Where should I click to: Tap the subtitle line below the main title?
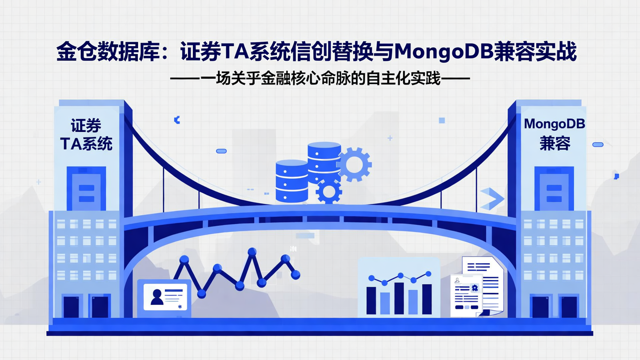[320, 79]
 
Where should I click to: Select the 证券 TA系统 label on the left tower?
[86, 135]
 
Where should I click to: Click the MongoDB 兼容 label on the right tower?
[554, 134]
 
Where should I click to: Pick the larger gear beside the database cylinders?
[354, 164]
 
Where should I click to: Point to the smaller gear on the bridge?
[329, 191]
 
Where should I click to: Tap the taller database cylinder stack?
[324, 162]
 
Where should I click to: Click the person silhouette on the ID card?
[157, 297]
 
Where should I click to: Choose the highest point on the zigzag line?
[252, 252]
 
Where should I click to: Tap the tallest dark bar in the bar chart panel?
[399, 298]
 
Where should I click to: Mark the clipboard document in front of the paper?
[466, 295]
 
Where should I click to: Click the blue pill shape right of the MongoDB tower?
[598, 144]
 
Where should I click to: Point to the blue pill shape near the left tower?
[221, 151]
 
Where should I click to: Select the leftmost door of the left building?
[71, 307]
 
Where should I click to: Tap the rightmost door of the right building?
[568, 307]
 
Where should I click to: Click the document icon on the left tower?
[86, 188]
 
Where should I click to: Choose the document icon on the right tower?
[554, 189]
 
